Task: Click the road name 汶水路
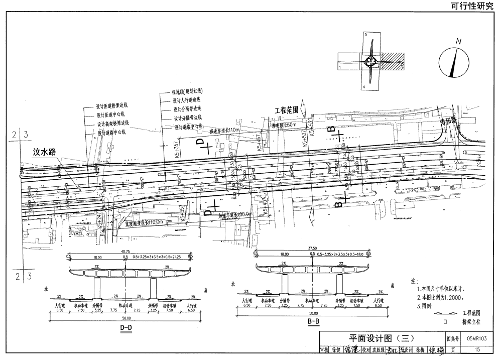pos(45,151)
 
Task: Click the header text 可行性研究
pos(471,6)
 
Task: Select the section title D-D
pos(125,328)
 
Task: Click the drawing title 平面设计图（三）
pos(381,339)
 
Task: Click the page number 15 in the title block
pos(476,349)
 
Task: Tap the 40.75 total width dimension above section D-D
pos(125,252)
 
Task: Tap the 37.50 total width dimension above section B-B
pos(312,248)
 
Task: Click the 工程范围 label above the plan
pos(286,109)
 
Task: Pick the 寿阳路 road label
pos(446,120)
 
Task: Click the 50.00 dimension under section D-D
pos(125,319)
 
